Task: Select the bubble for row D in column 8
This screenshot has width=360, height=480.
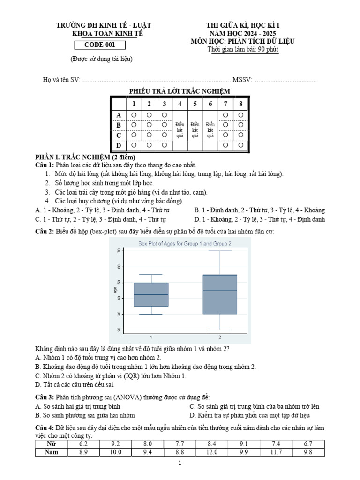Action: pos(240,145)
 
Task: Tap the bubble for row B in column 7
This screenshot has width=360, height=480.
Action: pos(225,125)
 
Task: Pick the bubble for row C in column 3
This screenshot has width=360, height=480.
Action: pos(164,135)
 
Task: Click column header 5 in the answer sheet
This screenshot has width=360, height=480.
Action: pos(195,104)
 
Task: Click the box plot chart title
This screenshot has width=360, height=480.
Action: pos(185,243)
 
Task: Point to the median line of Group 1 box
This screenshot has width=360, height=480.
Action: pos(151,294)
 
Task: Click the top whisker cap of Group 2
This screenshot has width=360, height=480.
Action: pos(220,251)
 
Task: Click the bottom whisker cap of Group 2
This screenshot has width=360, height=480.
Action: pos(220,330)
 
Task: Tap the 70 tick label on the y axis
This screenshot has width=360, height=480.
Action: pos(119,251)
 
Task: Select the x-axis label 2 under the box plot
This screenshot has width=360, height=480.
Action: pos(220,337)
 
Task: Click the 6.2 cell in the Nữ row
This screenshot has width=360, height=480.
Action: pos(84,443)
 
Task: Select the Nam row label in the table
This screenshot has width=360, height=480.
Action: pos(52,452)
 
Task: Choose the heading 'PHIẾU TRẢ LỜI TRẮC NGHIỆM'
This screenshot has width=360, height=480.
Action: pos(180,90)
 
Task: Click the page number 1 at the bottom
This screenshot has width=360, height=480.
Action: pos(180,463)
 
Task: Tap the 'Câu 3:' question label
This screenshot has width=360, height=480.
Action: pos(45,397)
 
